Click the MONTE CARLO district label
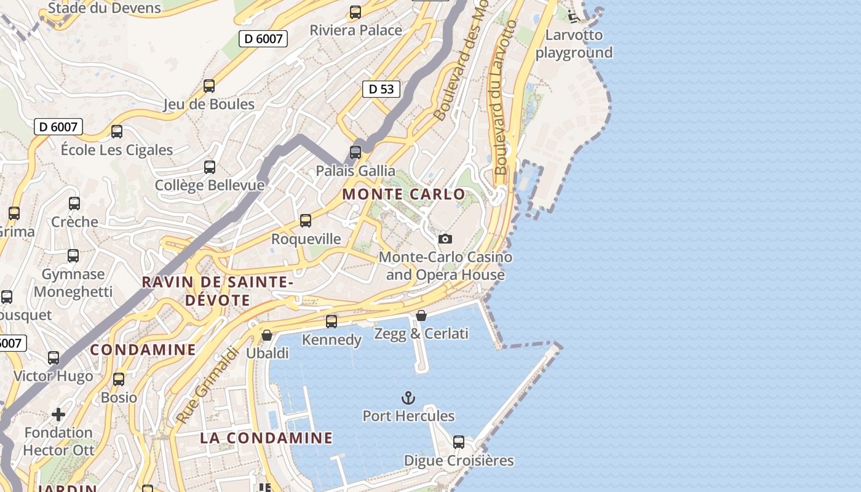[x=403, y=194]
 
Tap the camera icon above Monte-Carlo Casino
[x=445, y=239]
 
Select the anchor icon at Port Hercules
[x=408, y=398]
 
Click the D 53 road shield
[x=381, y=89]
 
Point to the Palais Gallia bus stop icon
[x=355, y=152]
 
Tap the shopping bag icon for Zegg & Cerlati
[x=421, y=315]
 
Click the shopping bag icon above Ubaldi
[x=267, y=335]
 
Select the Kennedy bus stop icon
[x=331, y=321]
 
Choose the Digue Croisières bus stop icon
[x=459, y=442]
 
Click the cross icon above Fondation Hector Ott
[x=58, y=415]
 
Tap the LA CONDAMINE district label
[x=266, y=438]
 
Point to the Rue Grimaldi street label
[x=207, y=386]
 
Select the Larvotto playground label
[x=574, y=44]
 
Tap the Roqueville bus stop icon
[x=306, y=221]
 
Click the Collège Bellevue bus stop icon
[x=210, y=167]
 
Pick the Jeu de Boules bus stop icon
[x=209, y=86]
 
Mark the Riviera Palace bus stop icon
[x=355, y=12]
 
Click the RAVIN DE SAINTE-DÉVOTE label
[x=217, y=291]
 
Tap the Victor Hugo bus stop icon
[x=54, y=358]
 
